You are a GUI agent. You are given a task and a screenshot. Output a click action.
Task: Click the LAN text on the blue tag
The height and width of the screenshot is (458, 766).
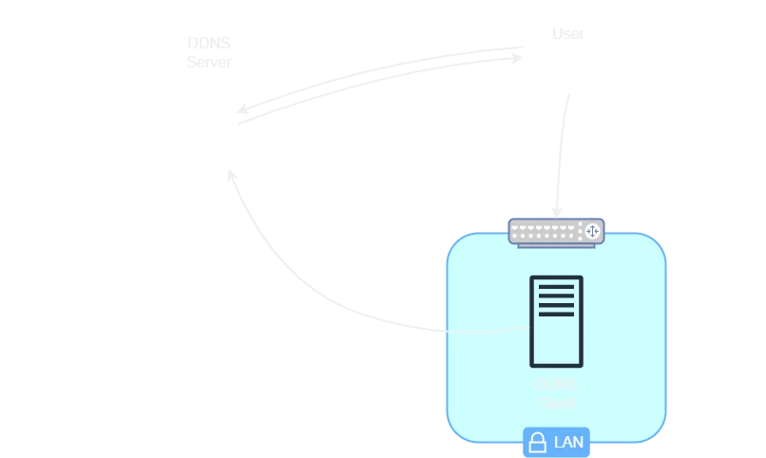(568, 443)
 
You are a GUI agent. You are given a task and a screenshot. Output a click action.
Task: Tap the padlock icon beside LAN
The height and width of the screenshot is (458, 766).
(538, 443)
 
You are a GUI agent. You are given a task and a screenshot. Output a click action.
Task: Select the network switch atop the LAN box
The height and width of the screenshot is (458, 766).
(556, 231)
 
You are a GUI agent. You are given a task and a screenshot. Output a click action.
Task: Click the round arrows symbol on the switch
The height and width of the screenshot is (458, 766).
(592, 231)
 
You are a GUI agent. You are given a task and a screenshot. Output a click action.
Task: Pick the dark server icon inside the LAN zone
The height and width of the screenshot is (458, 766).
(556, 321)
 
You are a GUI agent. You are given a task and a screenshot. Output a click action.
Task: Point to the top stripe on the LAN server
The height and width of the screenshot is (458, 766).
(556, 286)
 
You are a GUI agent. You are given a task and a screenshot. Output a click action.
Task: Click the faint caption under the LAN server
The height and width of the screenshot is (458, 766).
(556, 393)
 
